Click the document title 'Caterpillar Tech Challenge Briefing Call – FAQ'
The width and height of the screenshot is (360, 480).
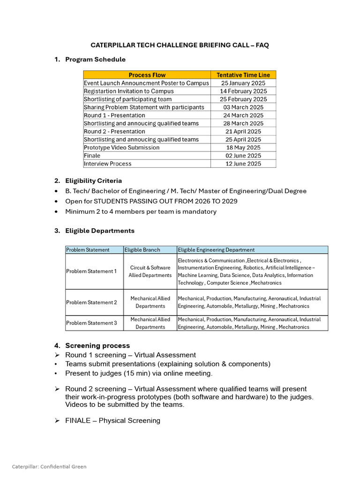click(180, 45)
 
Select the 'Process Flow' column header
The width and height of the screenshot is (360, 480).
click(147, 75)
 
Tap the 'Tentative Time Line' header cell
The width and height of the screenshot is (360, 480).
click(243, 75)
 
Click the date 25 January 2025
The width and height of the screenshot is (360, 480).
click(243, 83)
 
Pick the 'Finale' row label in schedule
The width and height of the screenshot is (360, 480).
click(92, 156)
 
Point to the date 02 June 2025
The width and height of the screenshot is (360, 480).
click(243, 156)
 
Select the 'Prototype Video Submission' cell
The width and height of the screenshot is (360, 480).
click(121, 148)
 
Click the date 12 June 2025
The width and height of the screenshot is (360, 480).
click(243, 164)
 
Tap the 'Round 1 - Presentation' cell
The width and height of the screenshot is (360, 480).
click(114, 115)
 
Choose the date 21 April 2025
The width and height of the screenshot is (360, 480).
click(243, 131)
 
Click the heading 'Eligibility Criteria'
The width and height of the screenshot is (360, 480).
click(93, 180)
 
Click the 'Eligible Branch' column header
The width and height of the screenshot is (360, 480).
click(142, 250)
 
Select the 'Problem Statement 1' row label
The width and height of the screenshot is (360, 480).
click(91, 271)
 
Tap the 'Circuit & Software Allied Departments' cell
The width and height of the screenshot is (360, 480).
click(150, 271)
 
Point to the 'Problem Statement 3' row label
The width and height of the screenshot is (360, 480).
click(91, 323)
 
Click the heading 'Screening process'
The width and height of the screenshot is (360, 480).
click(97, 345)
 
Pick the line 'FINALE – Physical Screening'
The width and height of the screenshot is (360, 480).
click(112, 420)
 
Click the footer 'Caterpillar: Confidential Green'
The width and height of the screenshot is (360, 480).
click(49, 466)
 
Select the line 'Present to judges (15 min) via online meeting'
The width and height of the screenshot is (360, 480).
click(139, 373)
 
